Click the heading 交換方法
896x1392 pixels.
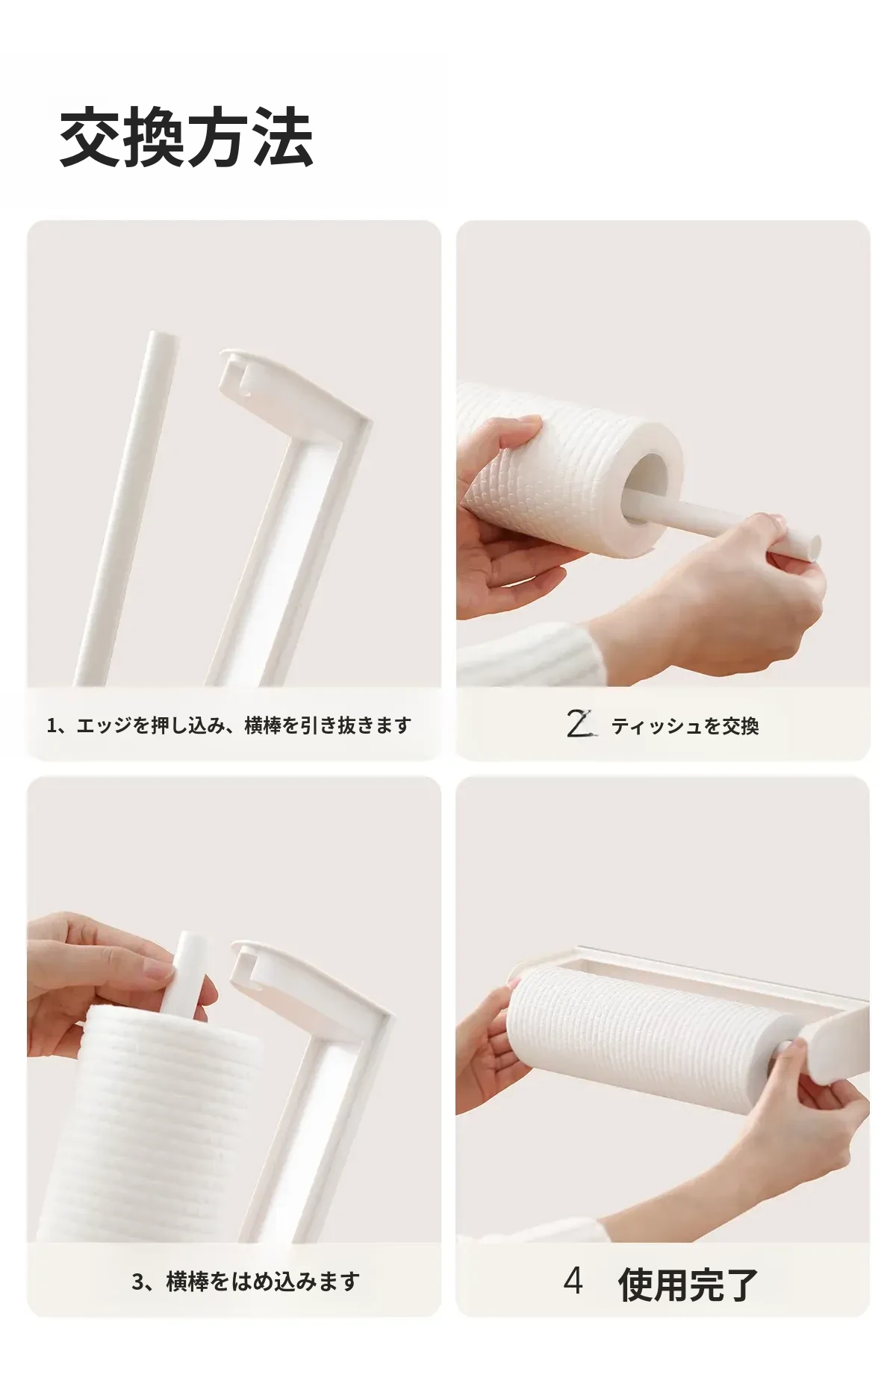click(x=186, y=137)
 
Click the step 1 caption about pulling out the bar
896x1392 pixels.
click(x=229, y=725)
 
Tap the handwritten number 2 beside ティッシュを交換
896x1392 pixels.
click(x=580, y=724)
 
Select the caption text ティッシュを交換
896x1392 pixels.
click(x=685, y=726)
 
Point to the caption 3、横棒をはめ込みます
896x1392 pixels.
click(x=246, y=1282)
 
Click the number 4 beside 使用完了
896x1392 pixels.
click(x=573, y=1281)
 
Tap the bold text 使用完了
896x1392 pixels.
click(x=688, y=1284)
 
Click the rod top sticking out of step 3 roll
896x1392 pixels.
click(x=187, y=970)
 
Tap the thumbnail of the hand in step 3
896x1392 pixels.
click(x=158, y=970)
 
